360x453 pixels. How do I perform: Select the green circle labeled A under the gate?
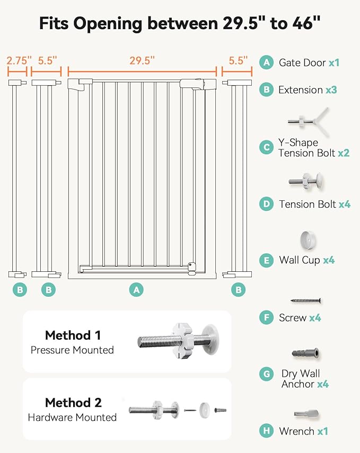[137, 290]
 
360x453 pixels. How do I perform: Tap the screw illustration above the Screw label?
[306, 300]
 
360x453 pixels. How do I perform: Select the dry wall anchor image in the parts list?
[305, 353]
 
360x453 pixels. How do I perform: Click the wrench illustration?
[306, 413]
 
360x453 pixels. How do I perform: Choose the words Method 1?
[73, 335]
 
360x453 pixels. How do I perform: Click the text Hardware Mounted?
[72, 418]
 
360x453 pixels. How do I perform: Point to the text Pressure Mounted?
[72, 350]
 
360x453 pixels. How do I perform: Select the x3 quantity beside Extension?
[331, 90]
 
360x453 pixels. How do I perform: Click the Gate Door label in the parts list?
[302, 63]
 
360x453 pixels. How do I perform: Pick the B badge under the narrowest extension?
[20, 290]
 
